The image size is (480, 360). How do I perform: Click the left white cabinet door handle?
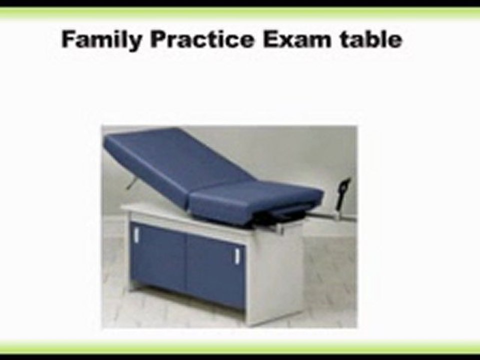click(135, 234)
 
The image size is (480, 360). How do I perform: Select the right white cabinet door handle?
click(236, 255)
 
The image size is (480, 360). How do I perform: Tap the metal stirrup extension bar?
click(320, 216)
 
